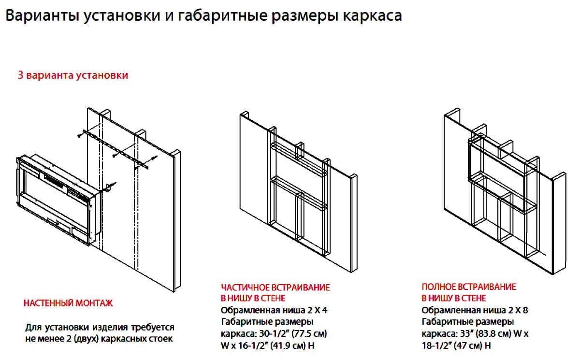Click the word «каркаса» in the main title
(372, 16)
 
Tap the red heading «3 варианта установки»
(73, 76)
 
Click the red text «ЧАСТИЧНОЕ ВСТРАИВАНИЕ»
(275, 288)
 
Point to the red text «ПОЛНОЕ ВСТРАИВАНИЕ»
(469, 287)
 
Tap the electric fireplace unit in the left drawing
(58, 198)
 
